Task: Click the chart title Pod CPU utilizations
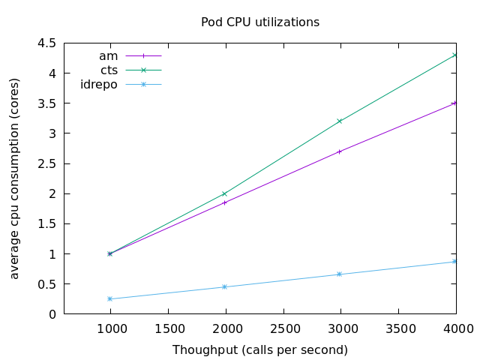(x=260, y=22)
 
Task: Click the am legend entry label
(x=109, y=55)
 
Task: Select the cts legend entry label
(x=109, y=70)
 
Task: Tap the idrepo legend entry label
(x=99, y=84)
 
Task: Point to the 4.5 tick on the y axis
(x=47, y=43)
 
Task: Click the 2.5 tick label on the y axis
(x=47, y=163)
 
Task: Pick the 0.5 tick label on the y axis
(x=47, y=284)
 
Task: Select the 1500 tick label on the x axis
(x=167, y=328)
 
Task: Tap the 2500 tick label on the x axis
(x=283, y=328)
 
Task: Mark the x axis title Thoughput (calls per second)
(x=260, y=350)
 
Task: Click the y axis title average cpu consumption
(x=15, y=178)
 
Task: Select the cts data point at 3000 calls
(x=340, y=121)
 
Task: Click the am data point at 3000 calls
(x=340, y=151)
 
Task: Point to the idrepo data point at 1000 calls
(x=109, y=298)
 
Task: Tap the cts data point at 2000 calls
(x=224, y=193)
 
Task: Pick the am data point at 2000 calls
(x=224, y=202)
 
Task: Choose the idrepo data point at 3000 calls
(x=340, y=274)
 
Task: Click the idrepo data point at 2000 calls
(x=224, y=286)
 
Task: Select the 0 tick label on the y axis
(x=52, y=314)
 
